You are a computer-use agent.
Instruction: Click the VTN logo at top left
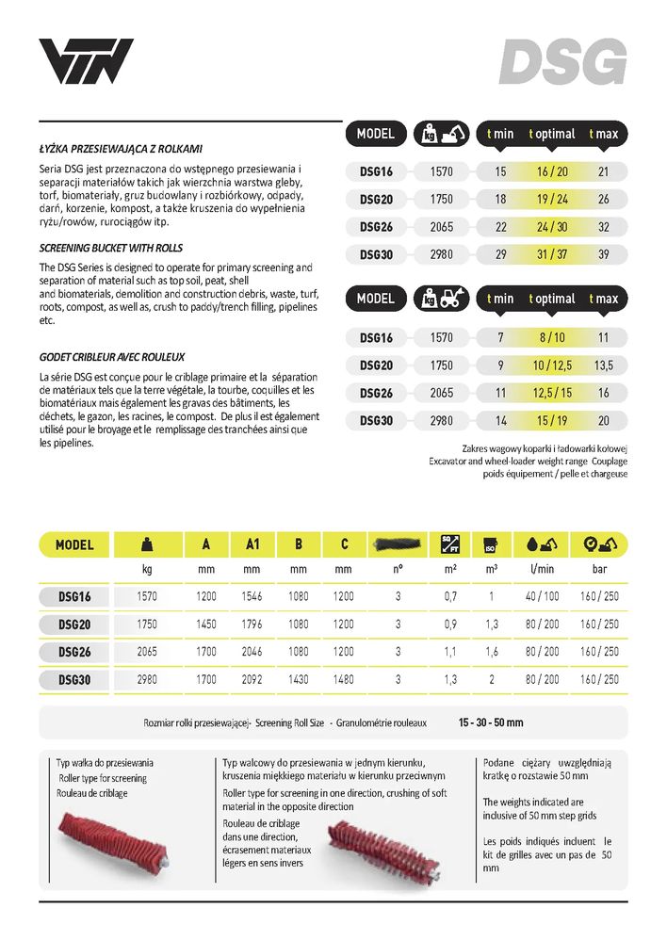pyautogui.click(x=86, y=62)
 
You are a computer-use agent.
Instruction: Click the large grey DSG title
pyautogui.click(x=562, y=62)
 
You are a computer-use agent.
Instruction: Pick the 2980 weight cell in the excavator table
pyautogui.click(x=441, y=255)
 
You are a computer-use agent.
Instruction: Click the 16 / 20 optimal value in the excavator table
pyautogui.click(x=551, y=171)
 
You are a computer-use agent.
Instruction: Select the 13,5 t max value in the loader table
pyautogui.click(x=604, y=365)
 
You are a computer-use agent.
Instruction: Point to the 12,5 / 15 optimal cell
pyautogui.click(x=551, y=393)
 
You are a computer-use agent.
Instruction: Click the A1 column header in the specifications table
pyautogui.click(x=252, y=544)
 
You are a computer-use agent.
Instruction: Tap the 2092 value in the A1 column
pyautogui.click(x=252, y=678)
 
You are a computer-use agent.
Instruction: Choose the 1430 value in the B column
pyautogui.click(x=298, y=678)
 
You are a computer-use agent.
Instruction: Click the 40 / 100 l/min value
pyautogui.click(x=543, y=597)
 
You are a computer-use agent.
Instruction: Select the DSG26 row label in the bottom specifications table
pyautogui.click(x=74, y=651)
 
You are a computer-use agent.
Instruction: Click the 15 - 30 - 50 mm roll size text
pyautogui.click(x=490, y=722)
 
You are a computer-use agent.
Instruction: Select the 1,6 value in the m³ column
pyautogui.click(x=491, y=651)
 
